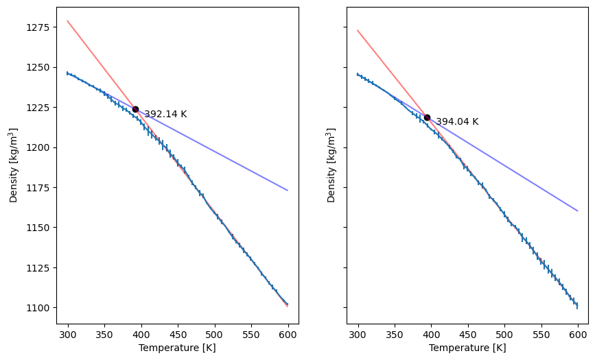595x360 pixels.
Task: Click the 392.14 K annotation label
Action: (165, 115)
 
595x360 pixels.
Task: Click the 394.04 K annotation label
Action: (457, 122)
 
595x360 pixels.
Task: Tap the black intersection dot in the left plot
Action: (135, 109)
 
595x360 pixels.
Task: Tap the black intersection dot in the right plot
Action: (427, 117)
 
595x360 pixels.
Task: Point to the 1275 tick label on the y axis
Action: (39, 27)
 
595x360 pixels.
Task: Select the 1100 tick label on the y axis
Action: (39, 308)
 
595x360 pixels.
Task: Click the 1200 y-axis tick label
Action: (39, 147)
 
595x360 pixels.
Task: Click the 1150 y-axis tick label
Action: (39, 228)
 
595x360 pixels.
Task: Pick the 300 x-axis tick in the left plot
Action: (68, 334)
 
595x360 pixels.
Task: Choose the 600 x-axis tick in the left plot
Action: (288, 334)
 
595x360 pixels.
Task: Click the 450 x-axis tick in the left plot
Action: (178, 334)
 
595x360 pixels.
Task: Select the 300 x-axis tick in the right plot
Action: (358, 334)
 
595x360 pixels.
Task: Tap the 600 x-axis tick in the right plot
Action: (578, 334)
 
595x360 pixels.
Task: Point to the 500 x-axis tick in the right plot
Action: (504, 334)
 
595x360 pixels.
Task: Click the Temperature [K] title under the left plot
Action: (177, 348)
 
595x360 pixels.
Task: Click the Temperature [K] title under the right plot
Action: (467, 348)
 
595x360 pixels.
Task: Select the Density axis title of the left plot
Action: (14, 165)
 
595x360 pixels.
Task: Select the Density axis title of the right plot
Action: (332, 165)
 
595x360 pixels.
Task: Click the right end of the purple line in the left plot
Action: (288, 190)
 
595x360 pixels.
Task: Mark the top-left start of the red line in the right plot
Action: (358, 30)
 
